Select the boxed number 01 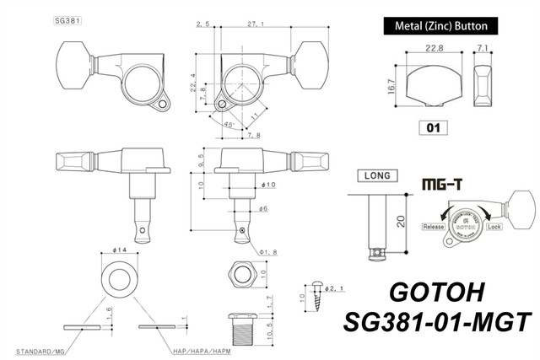(x=430, y=129)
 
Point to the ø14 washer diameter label (x=119, y=250)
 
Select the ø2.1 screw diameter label (x=335, y=288)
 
